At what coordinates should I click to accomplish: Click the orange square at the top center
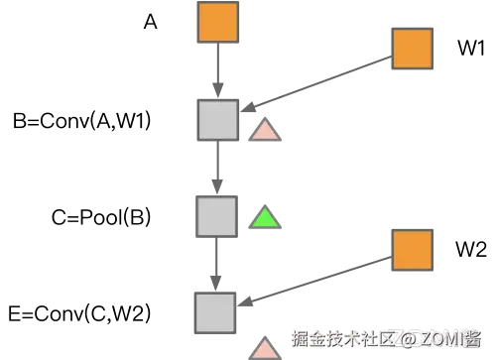tap(219, 23)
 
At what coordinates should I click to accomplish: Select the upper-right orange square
tap(412, 48)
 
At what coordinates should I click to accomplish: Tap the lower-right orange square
tap(412, 251)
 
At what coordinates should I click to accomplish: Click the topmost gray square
tap(216, 120)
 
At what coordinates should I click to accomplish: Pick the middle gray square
tap(215, 215)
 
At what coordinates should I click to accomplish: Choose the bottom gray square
tap(213, 311)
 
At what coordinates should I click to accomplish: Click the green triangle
tap(264, 216)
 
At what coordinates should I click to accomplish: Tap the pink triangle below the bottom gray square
tap(265, 347)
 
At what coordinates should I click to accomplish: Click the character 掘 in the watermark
tap(298, 339)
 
